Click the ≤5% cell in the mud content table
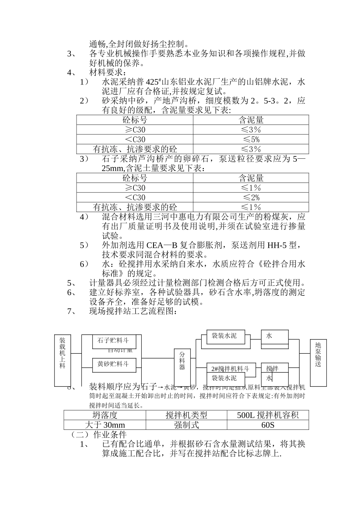pos(251,139)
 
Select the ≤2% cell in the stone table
pos(251,197)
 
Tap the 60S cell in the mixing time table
pos(268,425)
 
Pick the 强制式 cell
pos(186,425)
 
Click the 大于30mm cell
pos(105,425)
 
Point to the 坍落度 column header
pos(105,415)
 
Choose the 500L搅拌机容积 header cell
pos(268,415)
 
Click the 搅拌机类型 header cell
pos(186,415)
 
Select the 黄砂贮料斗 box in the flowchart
pos(113,364)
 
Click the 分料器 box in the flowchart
pos(182,361)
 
